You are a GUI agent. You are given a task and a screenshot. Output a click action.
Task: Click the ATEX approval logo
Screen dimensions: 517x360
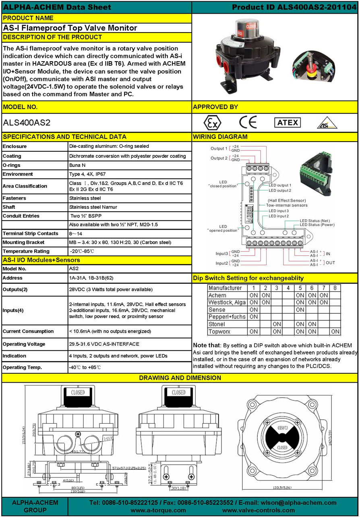pos(287,123)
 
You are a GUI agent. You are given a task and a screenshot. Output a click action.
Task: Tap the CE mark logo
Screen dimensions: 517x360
pos(248,122)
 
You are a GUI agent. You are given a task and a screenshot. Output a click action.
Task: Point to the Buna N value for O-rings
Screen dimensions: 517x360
pos(78,165)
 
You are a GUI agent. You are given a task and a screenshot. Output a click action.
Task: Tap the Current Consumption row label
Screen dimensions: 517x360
pos(28,331)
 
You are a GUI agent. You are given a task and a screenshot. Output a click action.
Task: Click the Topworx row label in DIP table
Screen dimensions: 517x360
pos(219,332)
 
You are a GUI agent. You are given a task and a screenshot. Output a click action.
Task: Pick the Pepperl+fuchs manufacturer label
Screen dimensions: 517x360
pos(226,317)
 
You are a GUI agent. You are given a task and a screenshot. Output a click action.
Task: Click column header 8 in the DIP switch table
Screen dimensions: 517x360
pos(335,288)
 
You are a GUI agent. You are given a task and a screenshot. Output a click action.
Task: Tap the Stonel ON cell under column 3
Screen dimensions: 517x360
pos(277,324)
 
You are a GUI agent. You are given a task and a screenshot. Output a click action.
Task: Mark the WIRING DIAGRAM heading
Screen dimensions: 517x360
pos(220,137)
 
